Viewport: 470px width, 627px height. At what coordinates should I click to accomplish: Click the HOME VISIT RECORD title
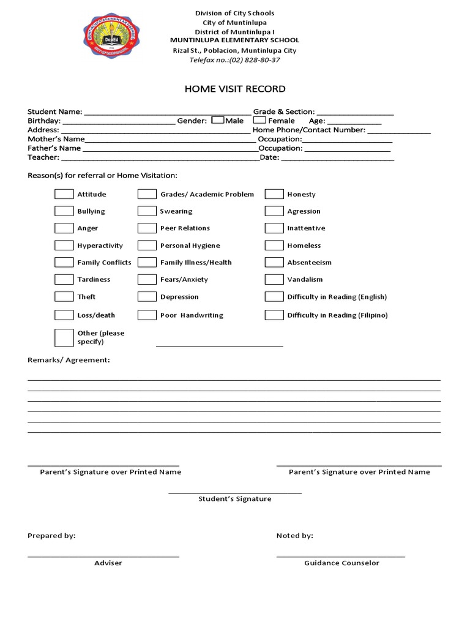235,89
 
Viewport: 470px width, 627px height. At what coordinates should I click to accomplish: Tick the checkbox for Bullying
64,211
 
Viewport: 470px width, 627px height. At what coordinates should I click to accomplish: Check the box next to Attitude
64,194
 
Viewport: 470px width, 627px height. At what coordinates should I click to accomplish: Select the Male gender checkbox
217,121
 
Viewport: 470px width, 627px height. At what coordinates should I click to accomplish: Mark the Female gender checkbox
259,121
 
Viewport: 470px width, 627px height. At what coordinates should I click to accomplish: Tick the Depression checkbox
147,297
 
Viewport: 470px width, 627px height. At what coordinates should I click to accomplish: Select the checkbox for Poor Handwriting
147,315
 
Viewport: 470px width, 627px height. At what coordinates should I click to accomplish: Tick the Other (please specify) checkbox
64,337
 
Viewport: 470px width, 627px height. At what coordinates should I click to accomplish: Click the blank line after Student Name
166,113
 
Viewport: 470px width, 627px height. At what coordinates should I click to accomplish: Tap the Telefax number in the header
235,60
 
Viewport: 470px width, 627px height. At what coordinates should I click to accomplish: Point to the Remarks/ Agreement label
69,360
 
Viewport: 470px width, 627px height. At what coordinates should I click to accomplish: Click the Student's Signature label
234,499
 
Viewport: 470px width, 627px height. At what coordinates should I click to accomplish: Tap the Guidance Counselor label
341,563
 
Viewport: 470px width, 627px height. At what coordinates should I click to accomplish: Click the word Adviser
108,563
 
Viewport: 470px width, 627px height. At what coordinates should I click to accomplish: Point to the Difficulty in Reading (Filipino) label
337,315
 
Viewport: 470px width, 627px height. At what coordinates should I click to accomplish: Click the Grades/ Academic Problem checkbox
147,194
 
